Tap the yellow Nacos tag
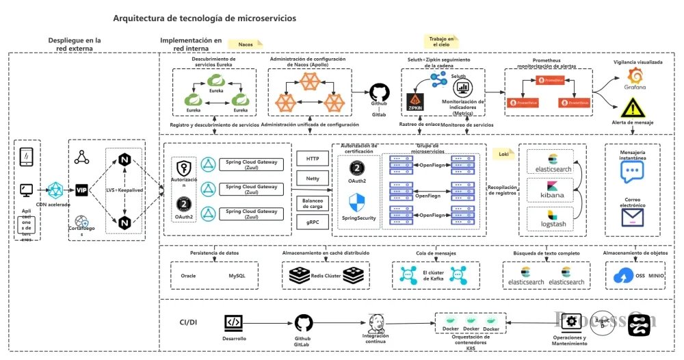click(x=244, y=44)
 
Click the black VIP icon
click(x=81, y=190)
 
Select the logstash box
click(x=551, y=219)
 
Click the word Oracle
click(x=188, y=276)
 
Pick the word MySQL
click(x=237, y=276)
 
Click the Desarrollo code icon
click(x=233, y=322)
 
